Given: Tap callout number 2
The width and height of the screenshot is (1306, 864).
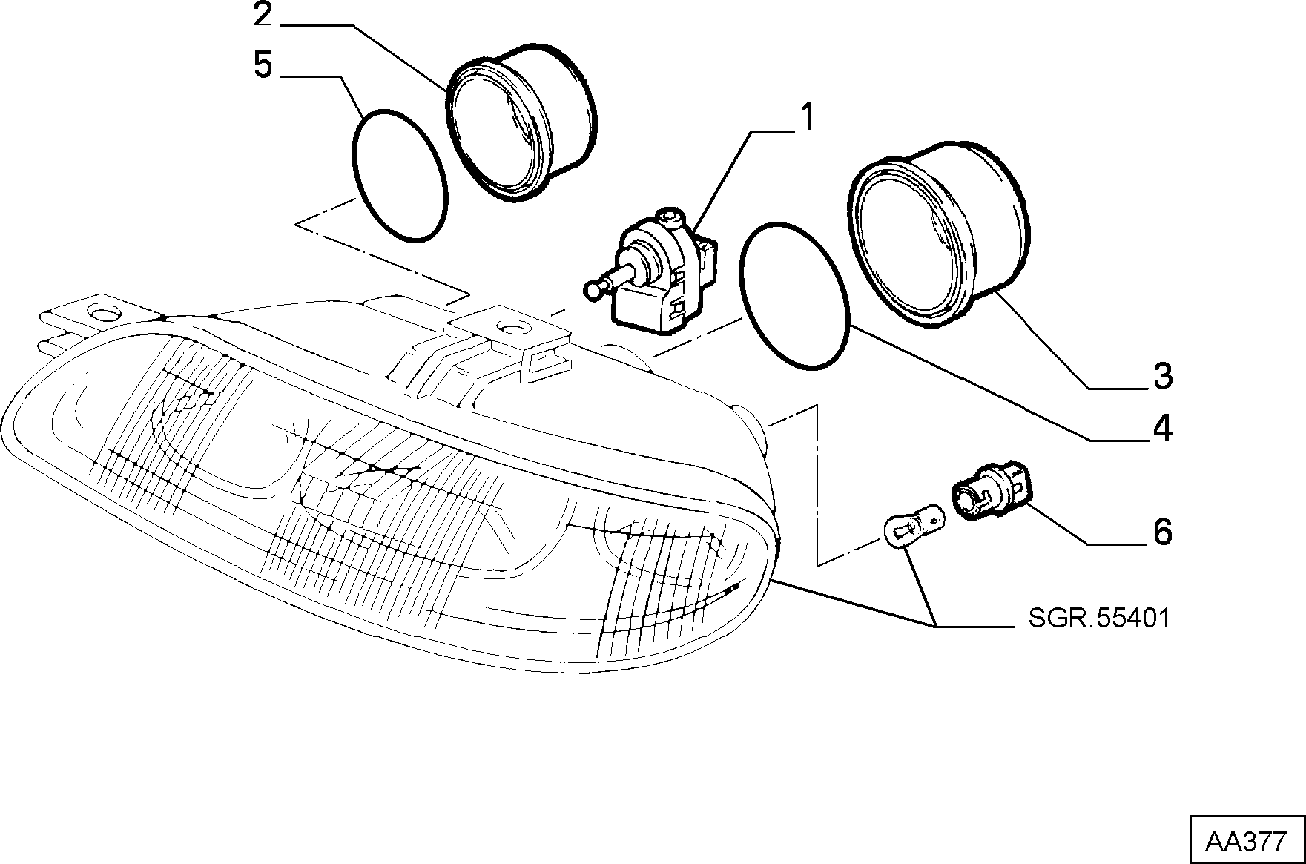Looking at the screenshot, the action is [x=263, y=14].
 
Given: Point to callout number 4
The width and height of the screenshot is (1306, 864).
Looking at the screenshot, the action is [x=1162, y=428].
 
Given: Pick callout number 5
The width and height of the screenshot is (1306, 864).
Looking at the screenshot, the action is [x=263, y=65].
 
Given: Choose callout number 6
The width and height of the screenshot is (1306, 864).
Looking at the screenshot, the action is [x=1162, y=532].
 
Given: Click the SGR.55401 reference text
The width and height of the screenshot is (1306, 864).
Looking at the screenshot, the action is [x=1099, y=618].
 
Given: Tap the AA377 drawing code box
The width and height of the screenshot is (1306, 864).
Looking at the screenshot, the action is [x=1248, y=841].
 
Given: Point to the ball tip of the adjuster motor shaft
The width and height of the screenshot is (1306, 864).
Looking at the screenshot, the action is [x=591, y=290].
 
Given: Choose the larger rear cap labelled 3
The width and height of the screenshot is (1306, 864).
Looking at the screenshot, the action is [x=938, y=231].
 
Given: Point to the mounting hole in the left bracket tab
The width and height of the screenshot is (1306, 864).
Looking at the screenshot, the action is [x=98, y=309].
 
